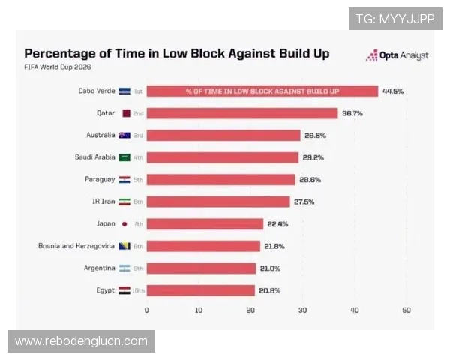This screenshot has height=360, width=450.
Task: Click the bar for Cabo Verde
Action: tap(262, 91)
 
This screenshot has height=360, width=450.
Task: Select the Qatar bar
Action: tap(242, 113)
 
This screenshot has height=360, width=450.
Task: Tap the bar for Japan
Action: tap(205, 224)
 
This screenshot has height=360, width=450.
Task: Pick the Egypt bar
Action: tap(200, 290)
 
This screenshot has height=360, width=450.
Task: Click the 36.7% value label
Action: tap(352, 113)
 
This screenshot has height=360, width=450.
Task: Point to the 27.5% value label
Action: tap(304, 202)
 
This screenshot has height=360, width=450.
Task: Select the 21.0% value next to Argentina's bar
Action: tap(270, 268)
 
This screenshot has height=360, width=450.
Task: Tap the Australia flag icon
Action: tap(124, 136)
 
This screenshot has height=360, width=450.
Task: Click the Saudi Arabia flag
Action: tap(124, 157)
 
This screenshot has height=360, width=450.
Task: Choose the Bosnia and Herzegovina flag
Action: tap(124, 246)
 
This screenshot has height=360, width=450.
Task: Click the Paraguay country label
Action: tap(100, 180)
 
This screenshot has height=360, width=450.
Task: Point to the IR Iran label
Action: tap(103, 202)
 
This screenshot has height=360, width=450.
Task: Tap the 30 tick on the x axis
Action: tap(302, 310)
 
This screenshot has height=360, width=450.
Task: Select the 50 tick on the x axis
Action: tap(406, 310)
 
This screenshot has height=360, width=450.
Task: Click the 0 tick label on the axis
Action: tap(147, 310)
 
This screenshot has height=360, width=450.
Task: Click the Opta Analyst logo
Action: tap(397, 55)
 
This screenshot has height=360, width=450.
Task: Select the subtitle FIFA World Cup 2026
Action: tap(58, 67)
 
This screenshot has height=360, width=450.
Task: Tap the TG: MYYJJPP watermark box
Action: tap(395, 19)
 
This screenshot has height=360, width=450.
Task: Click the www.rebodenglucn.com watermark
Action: tap(82, 341)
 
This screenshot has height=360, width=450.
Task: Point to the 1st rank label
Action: tap(138, 91)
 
